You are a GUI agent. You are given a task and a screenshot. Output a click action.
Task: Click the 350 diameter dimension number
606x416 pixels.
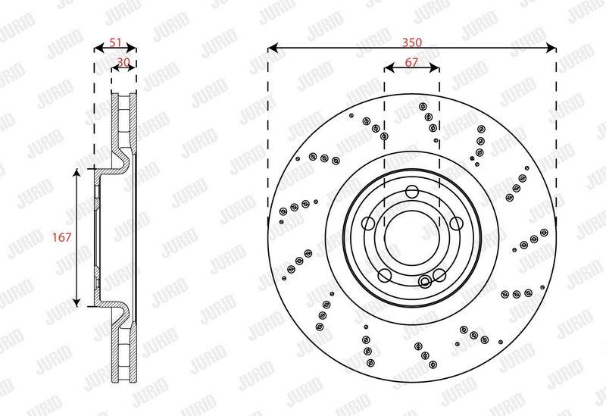coord(412,42)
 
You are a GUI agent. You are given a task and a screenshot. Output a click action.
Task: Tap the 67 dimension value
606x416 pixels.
coord(411,62)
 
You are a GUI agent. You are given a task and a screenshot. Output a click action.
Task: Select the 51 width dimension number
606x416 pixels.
coord(116,42)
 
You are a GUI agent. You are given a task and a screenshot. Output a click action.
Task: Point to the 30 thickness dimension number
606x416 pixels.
coord(123,62)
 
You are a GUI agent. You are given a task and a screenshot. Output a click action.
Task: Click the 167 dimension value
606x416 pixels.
coord(62,237)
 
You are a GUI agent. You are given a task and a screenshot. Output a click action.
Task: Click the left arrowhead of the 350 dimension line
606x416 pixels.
coord(273,48)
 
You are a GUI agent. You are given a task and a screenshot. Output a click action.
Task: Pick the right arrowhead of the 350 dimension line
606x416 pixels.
coord(551,48)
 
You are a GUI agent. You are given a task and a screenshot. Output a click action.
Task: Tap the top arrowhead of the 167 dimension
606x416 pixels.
coord(77,174)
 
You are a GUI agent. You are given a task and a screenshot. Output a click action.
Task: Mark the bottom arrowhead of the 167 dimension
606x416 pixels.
coord(77,302)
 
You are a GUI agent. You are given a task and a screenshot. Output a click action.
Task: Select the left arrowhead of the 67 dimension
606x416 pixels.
coord(389,68)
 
